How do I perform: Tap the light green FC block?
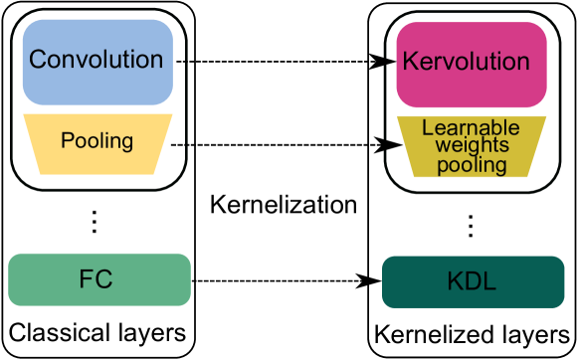point(98,278)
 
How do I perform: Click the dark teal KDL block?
point(472,282)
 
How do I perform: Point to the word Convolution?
point(96,60)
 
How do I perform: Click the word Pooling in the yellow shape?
point(97,141)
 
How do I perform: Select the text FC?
point(96,279)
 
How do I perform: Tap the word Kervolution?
point(466,62)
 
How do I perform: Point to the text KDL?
point(472,283)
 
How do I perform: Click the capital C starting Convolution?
point(38,60)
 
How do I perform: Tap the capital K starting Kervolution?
point(409,62)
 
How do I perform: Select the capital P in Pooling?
point(67,140)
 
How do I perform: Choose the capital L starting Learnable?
point(428,128)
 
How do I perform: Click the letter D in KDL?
point(472,283)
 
